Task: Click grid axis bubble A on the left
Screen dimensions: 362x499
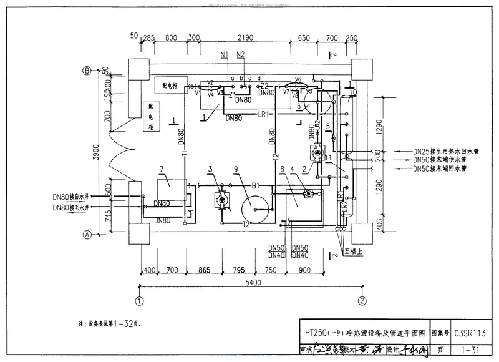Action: coord(88,235)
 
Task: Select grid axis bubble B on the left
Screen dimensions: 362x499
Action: coord(88,71)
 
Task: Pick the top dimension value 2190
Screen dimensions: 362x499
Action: coord(249,38)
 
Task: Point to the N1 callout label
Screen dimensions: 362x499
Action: coord(225,54)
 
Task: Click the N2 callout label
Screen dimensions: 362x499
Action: coord(240,54)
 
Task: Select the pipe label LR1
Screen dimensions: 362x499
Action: coord(263,114)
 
